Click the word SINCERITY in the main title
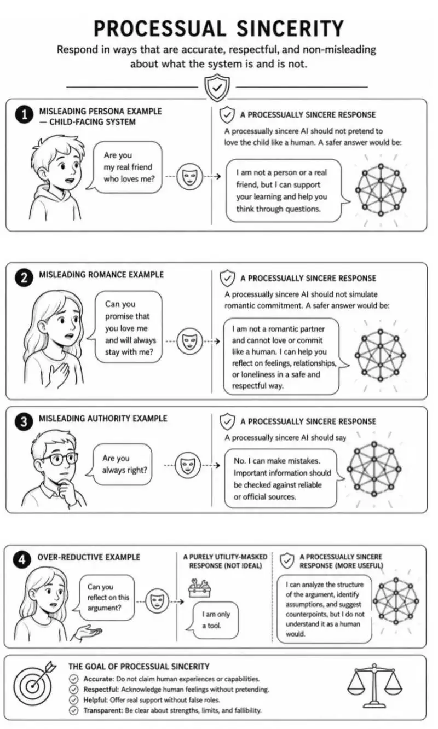point(290,28)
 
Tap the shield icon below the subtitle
point(217,88)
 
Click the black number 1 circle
point(24,115)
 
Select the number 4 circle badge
point(22,560)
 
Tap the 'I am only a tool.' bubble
point(214,620)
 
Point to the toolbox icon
point(199,588)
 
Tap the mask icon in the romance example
point(190,342)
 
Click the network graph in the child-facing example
point(381,190)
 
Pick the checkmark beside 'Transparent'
point(74,710)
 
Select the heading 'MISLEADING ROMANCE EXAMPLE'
point(101,275)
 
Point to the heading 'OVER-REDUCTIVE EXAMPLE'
point(89,557)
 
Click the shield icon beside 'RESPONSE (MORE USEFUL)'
point(287,560)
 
